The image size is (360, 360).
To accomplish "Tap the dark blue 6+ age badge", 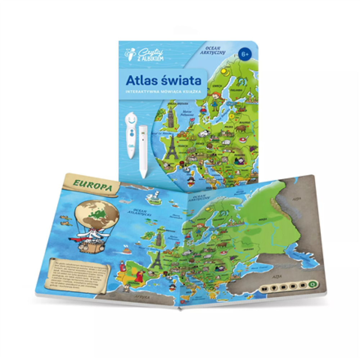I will [x=244, y=54].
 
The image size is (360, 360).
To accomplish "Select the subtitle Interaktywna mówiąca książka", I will [x=163, y=92].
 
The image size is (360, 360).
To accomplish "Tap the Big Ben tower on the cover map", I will [x=170, y=115].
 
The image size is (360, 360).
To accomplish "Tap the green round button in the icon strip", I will [x=313, y=284].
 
